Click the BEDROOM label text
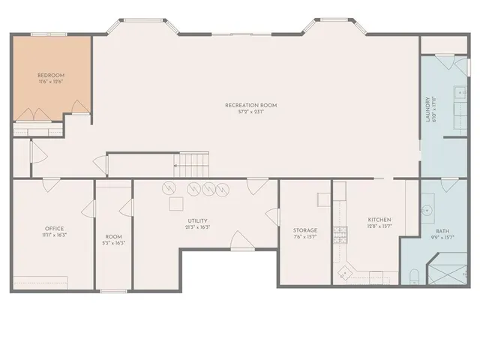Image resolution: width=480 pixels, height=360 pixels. click(x=52, y=76)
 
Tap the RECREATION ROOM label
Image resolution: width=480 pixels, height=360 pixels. click(x=251, y=106)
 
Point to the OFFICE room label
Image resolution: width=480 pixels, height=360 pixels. click(x=53, y=229)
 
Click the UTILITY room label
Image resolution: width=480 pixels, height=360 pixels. click(x=197, y=221)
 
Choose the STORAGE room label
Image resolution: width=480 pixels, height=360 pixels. click(x=305, y=230)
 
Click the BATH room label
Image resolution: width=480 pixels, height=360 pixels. click(x=442, y=232)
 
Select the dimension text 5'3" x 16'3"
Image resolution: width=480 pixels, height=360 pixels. click(x=113, y=243)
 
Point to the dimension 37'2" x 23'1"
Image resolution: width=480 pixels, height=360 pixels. click(x=251, y=112)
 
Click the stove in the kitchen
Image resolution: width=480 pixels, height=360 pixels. click(x=341, y=235)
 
